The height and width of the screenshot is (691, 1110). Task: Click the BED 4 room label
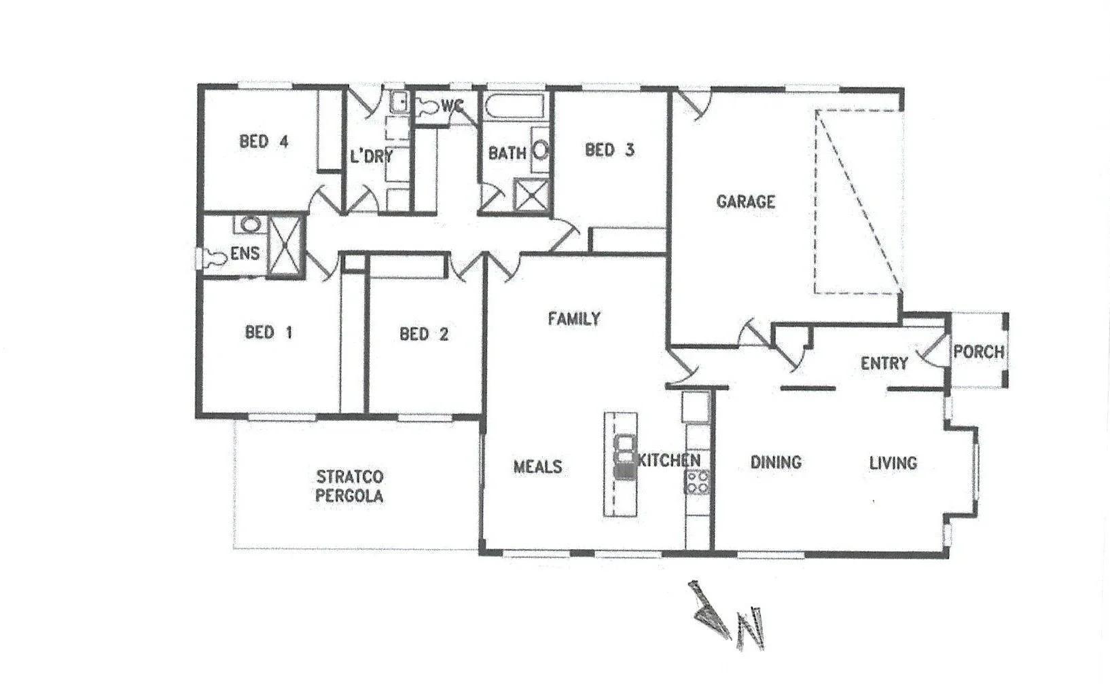click(264, 142)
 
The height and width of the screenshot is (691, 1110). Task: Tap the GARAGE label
click(745, 202)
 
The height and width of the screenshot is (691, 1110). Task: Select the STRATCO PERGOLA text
click(349, 486)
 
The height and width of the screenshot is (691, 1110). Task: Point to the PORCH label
click(978, 352)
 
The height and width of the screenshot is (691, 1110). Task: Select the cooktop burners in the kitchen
click(697, 481)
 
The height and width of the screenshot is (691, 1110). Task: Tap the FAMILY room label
click(574, 318)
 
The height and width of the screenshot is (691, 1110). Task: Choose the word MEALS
click(537, 467)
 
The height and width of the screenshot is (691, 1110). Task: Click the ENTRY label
click(884, 364)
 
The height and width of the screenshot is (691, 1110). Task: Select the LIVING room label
click(893, 464)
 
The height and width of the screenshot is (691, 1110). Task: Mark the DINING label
click(776, 463)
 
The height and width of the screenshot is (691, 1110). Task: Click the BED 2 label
click(423, 334)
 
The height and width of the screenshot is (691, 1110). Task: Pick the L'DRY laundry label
click(371, 157)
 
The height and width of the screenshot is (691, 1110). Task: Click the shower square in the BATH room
click(531, 195)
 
